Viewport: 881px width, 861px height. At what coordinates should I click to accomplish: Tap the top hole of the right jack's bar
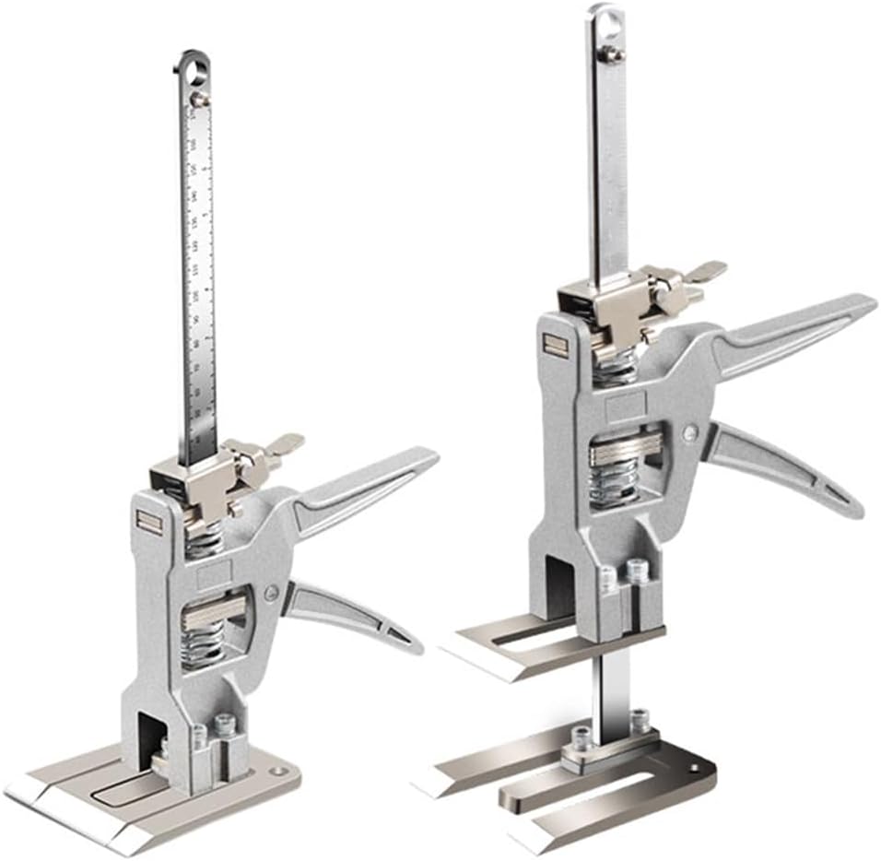pos(605,20)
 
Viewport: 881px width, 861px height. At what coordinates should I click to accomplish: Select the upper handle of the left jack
pos(369,489)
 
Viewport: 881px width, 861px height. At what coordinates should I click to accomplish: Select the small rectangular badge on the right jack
pos(555,346)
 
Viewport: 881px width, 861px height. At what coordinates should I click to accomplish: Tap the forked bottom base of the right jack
pos(590,793)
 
